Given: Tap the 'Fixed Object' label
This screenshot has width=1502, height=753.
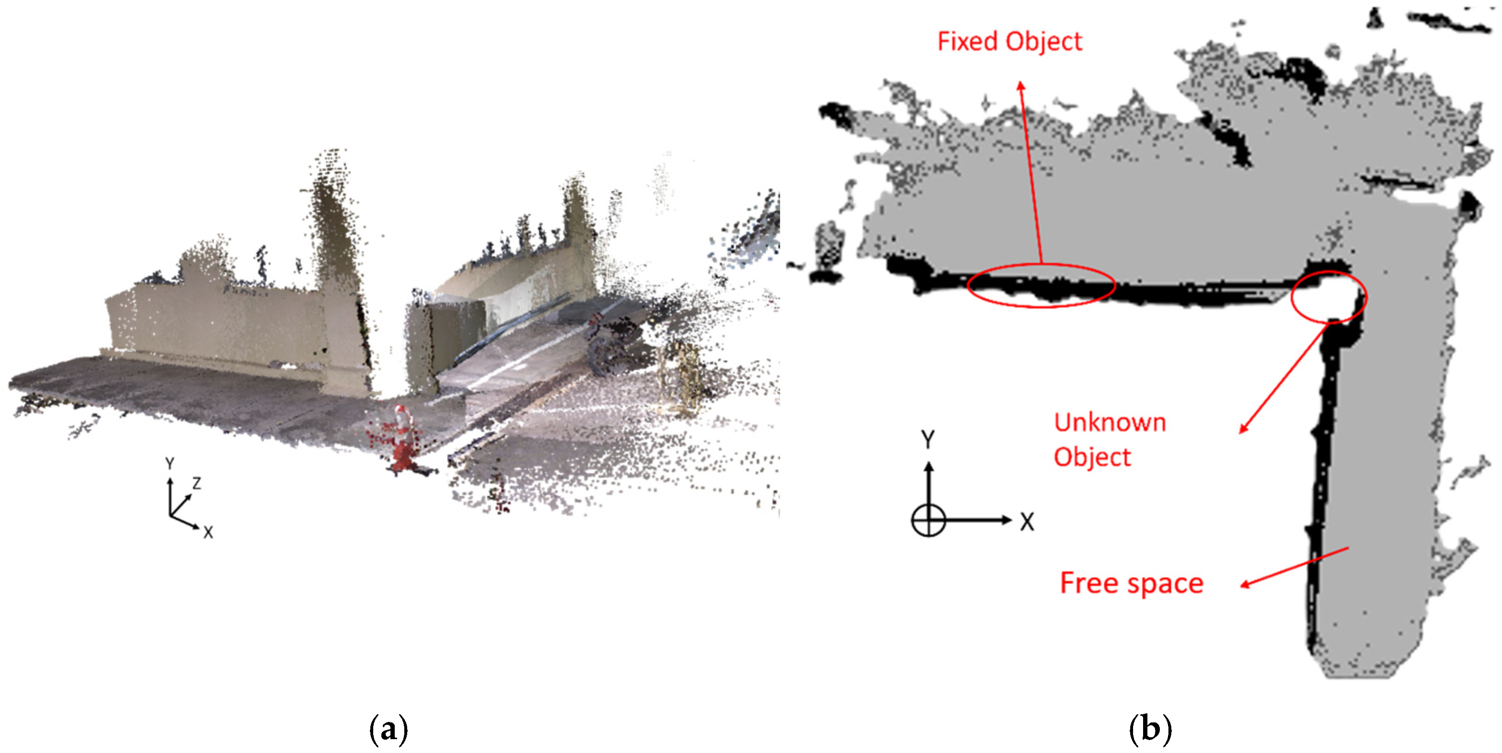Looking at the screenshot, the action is [1009, 42].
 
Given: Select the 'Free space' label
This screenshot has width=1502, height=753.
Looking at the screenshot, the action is [1131, 583].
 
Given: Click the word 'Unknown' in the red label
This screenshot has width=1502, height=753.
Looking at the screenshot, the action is [1110, 422].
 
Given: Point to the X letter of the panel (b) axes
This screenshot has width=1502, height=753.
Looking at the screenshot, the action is [1027, 522].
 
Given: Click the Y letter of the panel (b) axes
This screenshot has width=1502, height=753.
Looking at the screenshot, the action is [928, 440].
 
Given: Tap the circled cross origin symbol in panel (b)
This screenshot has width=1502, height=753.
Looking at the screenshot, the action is [928, 520].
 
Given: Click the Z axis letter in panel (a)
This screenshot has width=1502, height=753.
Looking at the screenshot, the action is [196, 483].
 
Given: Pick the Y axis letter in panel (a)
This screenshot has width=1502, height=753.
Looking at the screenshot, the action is [170, 463].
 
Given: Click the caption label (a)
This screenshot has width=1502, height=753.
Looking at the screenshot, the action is [389, 729].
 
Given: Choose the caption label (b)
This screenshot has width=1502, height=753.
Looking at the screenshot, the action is [1150, 729].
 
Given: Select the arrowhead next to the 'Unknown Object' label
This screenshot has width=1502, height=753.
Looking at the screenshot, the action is [1243, 429].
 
